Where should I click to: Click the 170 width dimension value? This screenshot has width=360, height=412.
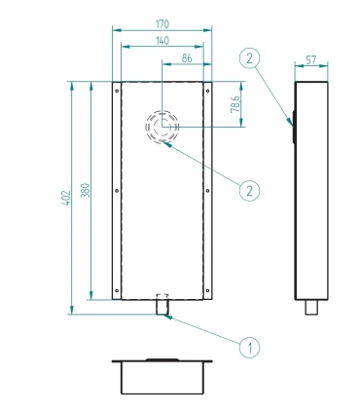162,24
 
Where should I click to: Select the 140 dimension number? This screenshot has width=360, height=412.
162,41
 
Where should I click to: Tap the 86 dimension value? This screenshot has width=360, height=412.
187,58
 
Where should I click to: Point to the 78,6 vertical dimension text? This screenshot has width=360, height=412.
235,104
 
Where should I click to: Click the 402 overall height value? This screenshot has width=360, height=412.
66,198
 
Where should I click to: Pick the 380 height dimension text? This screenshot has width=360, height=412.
85,191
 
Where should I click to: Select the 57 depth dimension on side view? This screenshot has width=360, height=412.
311,60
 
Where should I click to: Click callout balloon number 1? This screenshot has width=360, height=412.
249,348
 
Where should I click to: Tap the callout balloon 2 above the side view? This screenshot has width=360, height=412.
249,58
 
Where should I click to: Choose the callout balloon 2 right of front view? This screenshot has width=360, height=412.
249,191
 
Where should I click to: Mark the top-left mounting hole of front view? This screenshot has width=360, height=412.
117,92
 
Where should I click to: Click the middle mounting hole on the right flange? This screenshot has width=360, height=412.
207,191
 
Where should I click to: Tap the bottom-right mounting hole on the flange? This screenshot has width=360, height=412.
207,290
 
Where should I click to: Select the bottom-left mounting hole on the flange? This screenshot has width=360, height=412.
117,290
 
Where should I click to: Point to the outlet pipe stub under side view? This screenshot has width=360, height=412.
311,307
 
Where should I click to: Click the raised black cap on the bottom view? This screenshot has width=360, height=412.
162,359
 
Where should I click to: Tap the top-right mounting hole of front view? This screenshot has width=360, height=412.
207,92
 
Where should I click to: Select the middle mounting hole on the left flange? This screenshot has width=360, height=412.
117,191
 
